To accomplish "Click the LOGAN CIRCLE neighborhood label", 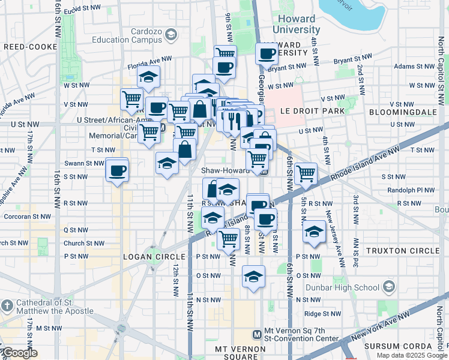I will (x=148, y=257).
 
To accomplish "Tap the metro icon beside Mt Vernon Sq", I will (x=257, y=334).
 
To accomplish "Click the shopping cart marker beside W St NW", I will (x=131, y=98).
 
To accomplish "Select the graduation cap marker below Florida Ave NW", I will (x=148, y=76).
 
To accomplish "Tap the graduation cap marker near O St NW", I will (x=253, y=277).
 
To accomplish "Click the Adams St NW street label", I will (x=410, y=67).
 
